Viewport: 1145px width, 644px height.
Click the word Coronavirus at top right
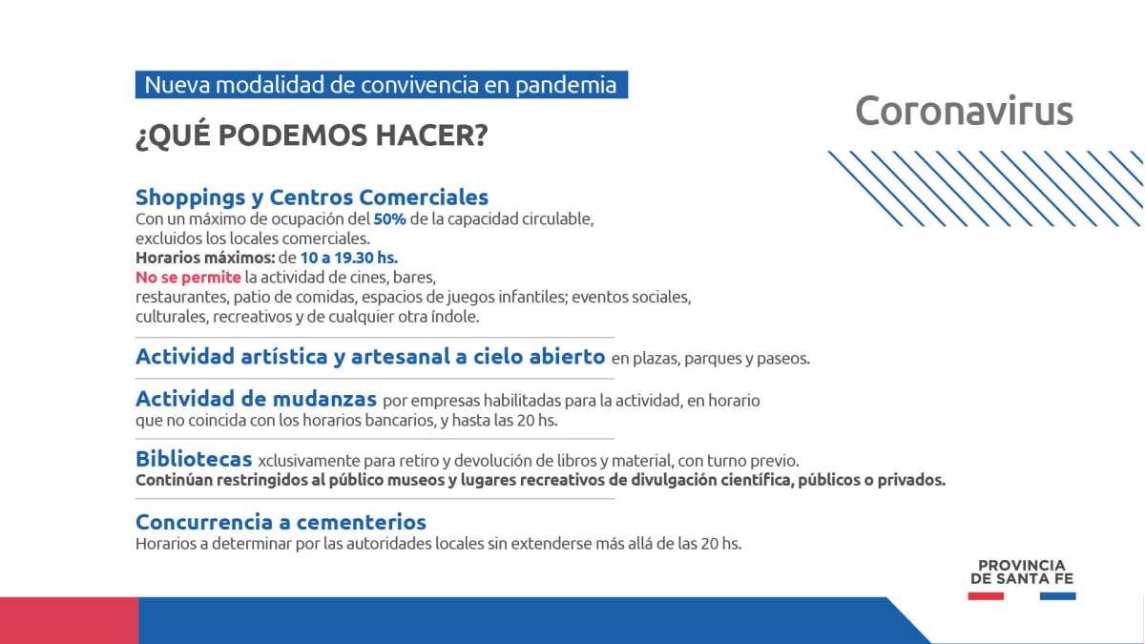pyautogui.click(x=964, y=111)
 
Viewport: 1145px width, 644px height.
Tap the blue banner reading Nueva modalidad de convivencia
pyautogui.click(x=382, y=84)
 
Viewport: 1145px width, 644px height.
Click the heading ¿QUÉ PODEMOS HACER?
pyautogui.click(x=312, y=135)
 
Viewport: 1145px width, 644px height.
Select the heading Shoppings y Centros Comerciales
pyautogui.click(x=312, y=197)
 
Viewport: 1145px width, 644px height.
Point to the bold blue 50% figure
pyautogui.click(x=389, y=218)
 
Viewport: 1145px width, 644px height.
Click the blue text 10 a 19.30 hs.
pyautogui.click(x=348, y=258)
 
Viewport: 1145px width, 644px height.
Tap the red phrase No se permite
pyautogui.click(x=188, y=278)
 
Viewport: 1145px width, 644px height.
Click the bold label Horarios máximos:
pyautogui.click(x=205, y=258)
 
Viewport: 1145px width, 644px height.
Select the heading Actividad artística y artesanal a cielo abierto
pyautogui.click(x=370, y=356)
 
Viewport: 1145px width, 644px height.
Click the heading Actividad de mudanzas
pyautogui.click(x=256, y=399)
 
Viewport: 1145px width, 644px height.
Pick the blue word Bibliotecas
pyautogui.click(x=194, y=459)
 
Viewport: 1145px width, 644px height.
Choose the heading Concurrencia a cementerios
pyautogui.click(x=281, y=522)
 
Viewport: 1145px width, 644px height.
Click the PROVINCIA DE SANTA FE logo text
pyautogui.click(x=1022, y=571)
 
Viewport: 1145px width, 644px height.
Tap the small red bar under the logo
pyautogui.click(x=986, y=596)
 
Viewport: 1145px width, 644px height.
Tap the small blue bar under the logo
pyautogui.click(x=1057, y=596)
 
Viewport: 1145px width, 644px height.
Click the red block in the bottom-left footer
pyautogui.click(x=69, y=620)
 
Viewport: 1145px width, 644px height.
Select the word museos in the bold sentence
pyautogui.click(x=419, y=481)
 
